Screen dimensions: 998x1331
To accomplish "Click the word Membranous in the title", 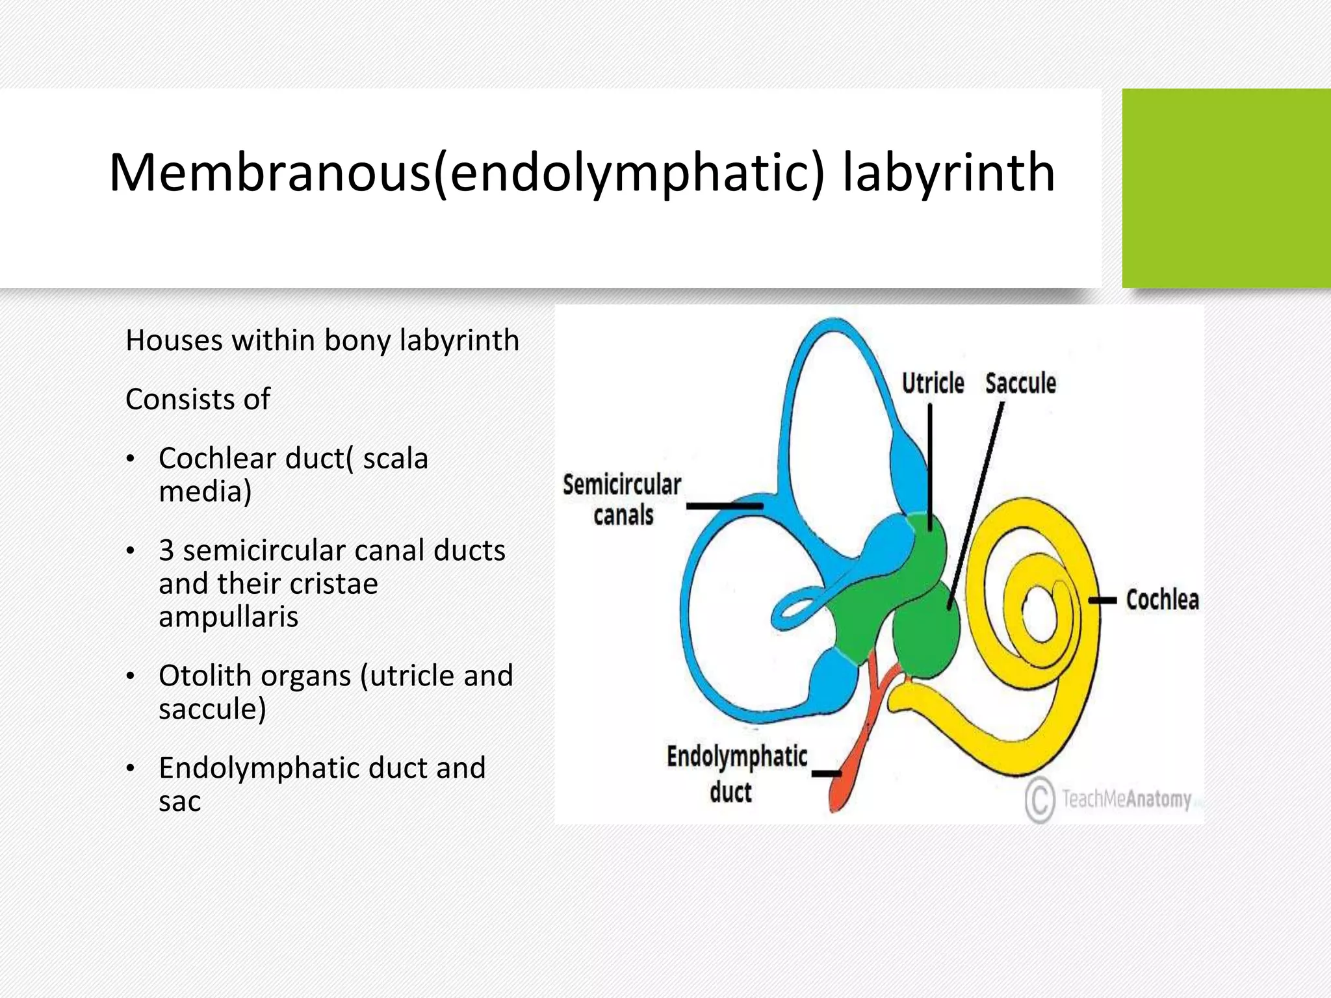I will tap(270, 173).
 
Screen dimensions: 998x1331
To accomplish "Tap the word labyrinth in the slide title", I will tap(948, 173).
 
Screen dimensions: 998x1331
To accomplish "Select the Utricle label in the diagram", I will tap(933, 383).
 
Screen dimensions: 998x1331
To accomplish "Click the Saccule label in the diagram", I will tap(1020, 383).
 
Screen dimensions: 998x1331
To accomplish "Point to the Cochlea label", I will tap(1162, 600).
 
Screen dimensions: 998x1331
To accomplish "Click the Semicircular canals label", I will tap(622, 500).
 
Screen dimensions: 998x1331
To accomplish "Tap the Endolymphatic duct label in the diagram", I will tap(736, 774).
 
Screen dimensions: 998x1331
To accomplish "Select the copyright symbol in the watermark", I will tap(1040, 800).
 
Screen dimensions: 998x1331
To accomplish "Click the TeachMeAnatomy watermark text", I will tap(1126, 799).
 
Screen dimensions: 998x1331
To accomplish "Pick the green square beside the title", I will tap(1226, 188).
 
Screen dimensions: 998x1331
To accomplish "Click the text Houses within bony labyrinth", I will tap(322, 340).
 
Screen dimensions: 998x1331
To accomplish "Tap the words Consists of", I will tap(198, 399).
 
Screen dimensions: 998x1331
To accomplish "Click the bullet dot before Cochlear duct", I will tap(131, 459).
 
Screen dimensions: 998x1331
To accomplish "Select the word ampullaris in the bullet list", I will tap(228, 616).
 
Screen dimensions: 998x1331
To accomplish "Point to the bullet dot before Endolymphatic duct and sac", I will tap(131, 769).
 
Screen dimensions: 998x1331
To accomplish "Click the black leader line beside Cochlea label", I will tap(1102, 600).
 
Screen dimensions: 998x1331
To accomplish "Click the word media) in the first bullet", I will tap(205, 491).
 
